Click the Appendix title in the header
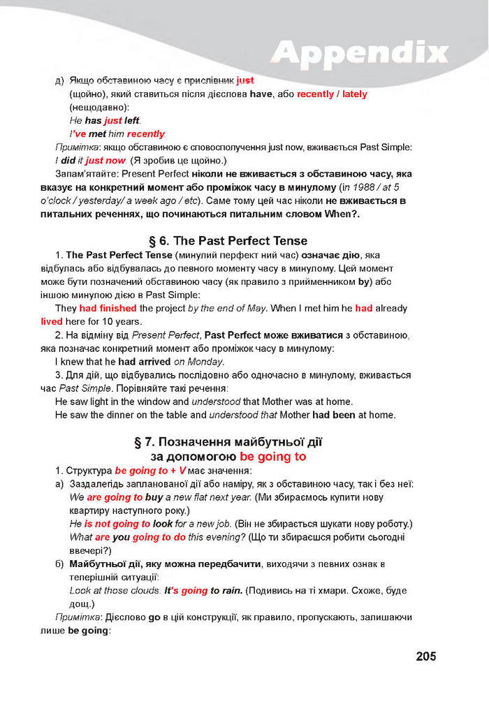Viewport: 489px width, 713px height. (x=359, y=52)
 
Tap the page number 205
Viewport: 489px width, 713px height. (x=425, y=656)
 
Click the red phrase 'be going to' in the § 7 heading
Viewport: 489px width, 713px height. (x=273, y=457)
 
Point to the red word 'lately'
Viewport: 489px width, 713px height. (x=353, y=94)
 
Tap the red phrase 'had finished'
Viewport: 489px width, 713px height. (x=108, y=308)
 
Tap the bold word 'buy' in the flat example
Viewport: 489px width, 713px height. (x=154, y=498)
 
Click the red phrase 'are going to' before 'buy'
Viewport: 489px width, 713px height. (x=115, y=498)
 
